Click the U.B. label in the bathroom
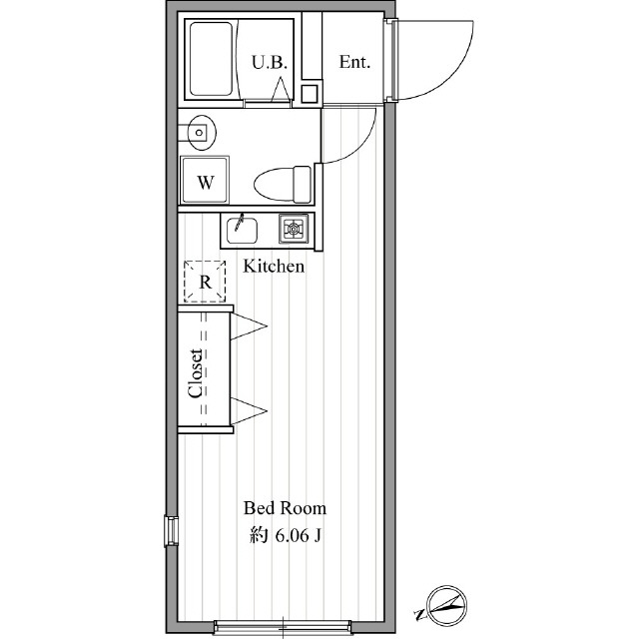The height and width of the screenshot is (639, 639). [x=270, y=62]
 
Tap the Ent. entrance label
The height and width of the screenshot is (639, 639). [x=354, y=62]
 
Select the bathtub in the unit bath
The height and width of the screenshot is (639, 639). [x=211, y=59]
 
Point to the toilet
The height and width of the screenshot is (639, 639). [x=283, y=184]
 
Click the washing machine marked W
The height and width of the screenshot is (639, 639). [x=205, y=180]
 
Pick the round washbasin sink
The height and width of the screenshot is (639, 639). [x=200, y=133]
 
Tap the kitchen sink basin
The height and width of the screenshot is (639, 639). [x=242, y=231]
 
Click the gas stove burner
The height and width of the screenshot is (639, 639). [x=294, y=229]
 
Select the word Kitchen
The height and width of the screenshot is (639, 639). [x=274, y=267]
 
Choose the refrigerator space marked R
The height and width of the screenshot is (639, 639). [x=205, y=282]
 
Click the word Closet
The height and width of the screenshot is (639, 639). [x=196, y=372]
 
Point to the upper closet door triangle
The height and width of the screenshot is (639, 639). [x=249, y=326]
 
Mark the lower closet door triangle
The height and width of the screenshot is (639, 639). [x=249, y=410]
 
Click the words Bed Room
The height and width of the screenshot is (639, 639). [x=285, y=508]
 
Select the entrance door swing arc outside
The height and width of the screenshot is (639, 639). [x=456, y=73]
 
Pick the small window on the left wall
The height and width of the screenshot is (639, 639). [x=172, y=530]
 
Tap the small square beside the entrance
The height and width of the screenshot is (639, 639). [x=310, y=94]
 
